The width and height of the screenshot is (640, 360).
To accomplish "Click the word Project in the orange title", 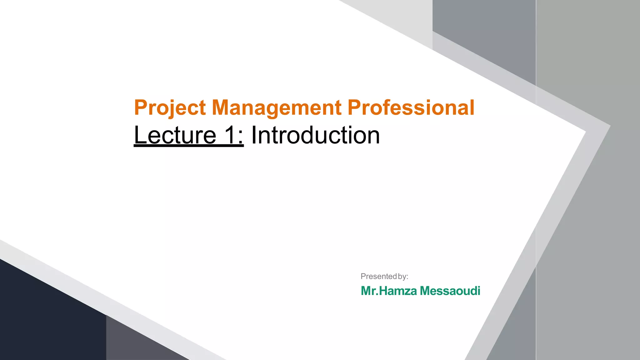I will (x=170, y=108).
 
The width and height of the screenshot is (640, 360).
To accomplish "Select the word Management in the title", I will (x=277, y=108).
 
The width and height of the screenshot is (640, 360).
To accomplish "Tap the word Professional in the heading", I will (x=411, y=108).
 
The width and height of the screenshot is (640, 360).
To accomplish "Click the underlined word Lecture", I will (x=175, y=135).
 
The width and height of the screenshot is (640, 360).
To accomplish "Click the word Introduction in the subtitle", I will (x=316, y=135).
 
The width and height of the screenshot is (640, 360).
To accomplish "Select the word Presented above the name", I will (x=378, y=277).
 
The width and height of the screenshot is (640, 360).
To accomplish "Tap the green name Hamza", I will (x=398, y=291).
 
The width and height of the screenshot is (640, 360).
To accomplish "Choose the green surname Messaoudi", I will (x=450, y=291).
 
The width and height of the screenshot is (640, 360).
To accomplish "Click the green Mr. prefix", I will (x=369, y=291).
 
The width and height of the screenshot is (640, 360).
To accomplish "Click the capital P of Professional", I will (x=354, y=108).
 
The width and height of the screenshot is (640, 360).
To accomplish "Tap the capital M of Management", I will (x=220, y=108).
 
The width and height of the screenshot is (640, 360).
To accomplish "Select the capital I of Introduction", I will (x=254, y=135).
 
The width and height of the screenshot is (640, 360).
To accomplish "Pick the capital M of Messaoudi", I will (x=426, y=291).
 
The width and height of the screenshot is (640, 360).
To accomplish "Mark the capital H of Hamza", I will (x=383, y=291).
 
